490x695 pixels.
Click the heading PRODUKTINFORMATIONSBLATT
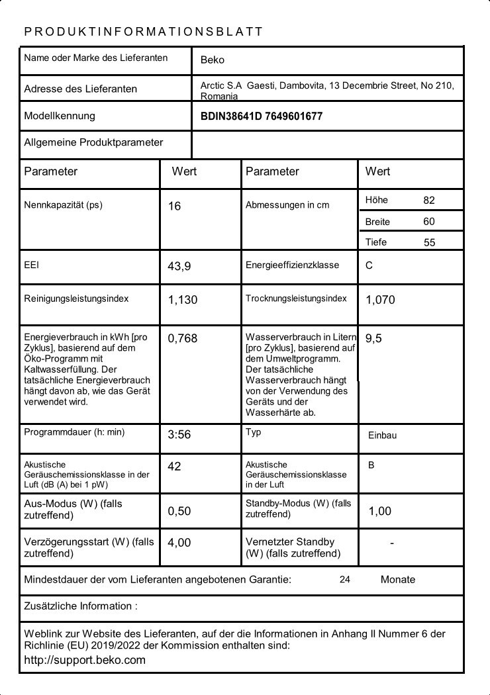point(143,32)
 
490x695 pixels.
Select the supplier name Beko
point(212,60)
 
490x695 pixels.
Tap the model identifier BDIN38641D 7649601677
point(262,116)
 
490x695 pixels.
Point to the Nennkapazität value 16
point(174,206)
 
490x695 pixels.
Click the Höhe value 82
point(429,200)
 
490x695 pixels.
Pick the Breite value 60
point(429,221)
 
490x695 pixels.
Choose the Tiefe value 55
point(429,242)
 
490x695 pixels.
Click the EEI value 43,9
point(179,266)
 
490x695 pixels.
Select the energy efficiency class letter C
point(369,265)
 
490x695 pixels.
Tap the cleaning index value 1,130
point(182,300)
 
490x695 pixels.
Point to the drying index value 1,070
point(380,300)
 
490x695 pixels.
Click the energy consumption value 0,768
point(182,338)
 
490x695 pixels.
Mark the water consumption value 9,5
point(373,338)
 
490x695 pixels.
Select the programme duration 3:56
point(179,435)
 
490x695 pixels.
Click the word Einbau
point(382,436)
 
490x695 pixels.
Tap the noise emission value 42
point(174,467)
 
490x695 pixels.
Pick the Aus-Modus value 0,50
point(179,511)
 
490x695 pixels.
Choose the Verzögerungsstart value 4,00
point(179,543)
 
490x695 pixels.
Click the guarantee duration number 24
point(344,580)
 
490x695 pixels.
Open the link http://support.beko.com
point(84,660)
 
